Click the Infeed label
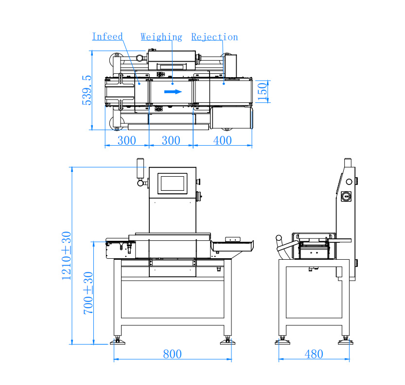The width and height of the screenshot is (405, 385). [107, 36]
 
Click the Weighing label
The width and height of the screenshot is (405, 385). [161, 37]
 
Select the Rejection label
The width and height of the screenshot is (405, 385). [214, 37]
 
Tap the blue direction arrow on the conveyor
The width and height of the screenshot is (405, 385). [173, 91]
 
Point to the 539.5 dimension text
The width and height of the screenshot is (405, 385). [87, 90]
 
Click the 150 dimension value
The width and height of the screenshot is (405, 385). [263, 91]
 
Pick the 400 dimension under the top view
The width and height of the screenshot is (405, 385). [222, 141]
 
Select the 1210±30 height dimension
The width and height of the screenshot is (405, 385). [66, 255]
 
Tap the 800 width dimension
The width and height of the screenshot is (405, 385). [172, 354]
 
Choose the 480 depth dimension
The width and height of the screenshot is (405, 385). [314, 354]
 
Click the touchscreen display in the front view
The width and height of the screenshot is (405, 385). [172, 183]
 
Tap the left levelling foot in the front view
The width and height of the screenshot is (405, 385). [117, 341]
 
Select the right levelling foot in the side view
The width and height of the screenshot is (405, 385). [346, 341]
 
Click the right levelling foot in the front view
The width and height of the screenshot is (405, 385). [227, 341]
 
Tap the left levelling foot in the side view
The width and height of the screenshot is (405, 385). [282, 341]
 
